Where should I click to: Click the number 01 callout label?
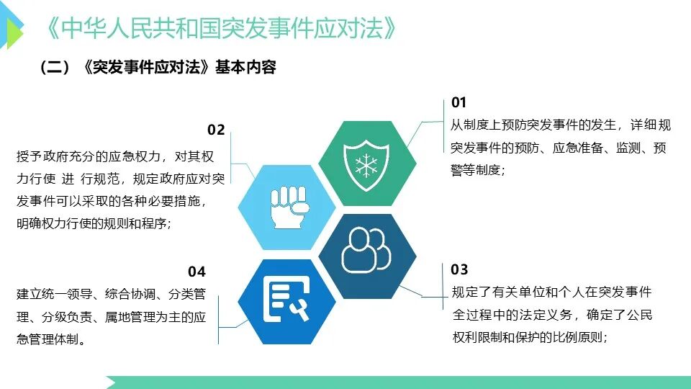point(459,102)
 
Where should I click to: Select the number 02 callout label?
point(216,130)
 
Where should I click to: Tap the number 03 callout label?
point(459,269)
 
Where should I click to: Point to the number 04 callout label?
point(197,272)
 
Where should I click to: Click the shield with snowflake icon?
point(366,165)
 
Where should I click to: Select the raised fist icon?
point(289,207)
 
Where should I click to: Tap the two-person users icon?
point(366,250)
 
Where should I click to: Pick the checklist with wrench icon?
point(286,300)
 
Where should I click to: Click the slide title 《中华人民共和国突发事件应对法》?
point(221,29)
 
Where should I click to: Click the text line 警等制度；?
point(478,170)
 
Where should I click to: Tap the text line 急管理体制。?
point(51,339)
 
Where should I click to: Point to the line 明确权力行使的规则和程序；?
point(94,223)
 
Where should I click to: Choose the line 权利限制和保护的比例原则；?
point(530,337)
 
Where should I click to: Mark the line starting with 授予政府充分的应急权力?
point(115,156)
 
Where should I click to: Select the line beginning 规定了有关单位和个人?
point(551,292)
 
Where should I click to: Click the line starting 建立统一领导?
point(111,294)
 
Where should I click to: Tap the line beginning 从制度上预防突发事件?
point(561,125)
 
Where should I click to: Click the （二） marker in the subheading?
point(55,68)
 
